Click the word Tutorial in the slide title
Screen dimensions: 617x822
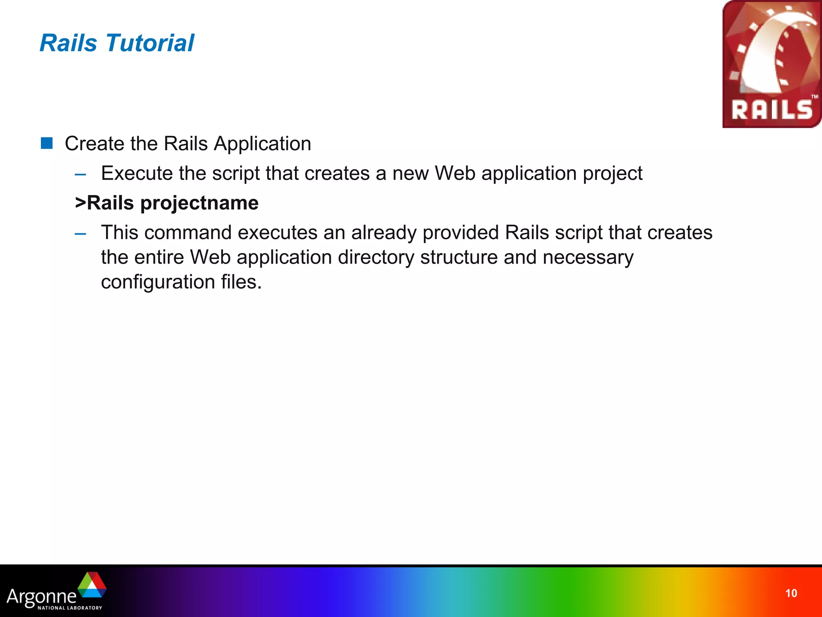150,43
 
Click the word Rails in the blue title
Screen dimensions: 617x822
68,43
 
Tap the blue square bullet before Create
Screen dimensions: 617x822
47,143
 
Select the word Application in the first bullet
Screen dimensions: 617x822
262,143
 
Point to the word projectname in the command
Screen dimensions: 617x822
199,203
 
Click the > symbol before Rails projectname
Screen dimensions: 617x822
80,203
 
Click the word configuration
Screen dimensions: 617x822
157,282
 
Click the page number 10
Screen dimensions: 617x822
791,593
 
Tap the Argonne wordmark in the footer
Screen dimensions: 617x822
41,596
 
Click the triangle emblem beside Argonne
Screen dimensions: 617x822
92,585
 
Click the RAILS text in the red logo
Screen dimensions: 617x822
771,110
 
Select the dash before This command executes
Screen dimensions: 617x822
80,234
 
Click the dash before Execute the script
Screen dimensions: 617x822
80,174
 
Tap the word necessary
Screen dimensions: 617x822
588,257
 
